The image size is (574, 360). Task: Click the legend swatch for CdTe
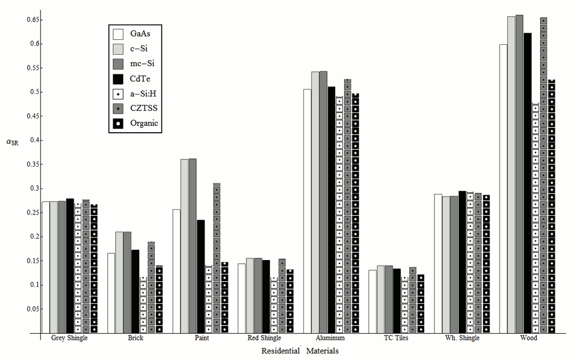[x=118, y=78]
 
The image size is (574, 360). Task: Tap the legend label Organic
[x=144, y=123]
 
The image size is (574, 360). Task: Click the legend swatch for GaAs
[x=118, y=34]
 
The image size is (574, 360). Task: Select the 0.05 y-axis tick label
[x=28, y=309]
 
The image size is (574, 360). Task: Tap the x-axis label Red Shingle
[x=264, y=338]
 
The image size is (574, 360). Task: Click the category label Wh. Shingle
[x=460, y=338]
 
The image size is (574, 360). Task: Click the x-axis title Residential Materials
[x=300, y=351]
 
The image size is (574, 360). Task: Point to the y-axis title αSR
[x=12, y=143]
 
